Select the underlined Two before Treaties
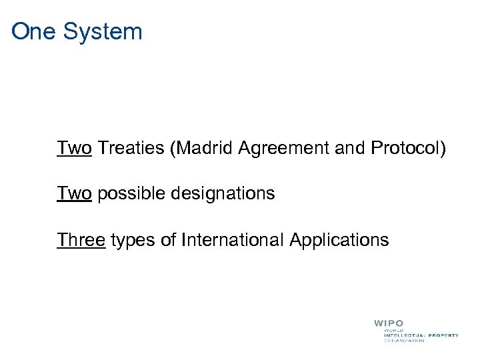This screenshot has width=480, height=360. [74, 147]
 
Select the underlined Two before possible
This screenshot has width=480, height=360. [74, 193]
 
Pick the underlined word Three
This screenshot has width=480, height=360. [81, 239]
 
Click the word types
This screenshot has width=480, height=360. [133, 240]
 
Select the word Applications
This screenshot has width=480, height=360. [339, 240]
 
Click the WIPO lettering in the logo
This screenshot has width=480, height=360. [389, 323]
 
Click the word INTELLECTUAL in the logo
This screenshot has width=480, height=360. [405, 335]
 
